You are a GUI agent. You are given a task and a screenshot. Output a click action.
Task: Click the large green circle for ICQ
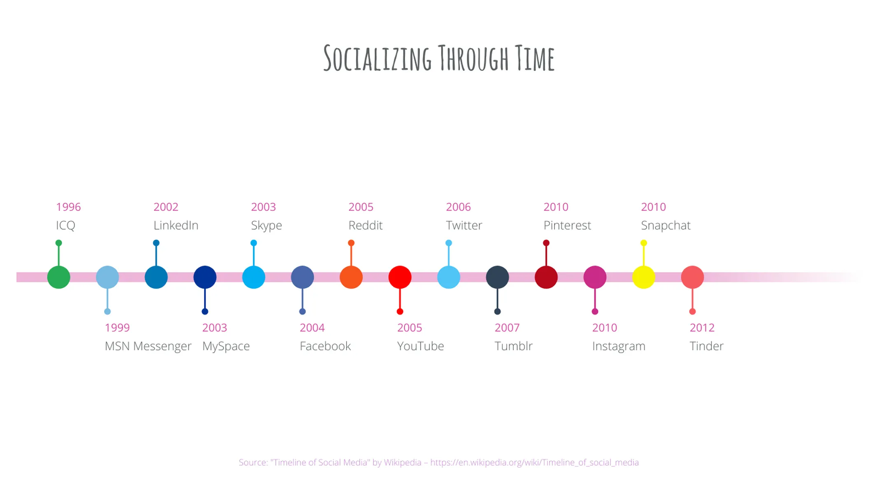pos(58,277)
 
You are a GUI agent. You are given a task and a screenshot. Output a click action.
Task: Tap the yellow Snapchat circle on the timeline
pos(643,277)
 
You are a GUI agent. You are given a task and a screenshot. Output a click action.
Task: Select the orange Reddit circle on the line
pos(351,277)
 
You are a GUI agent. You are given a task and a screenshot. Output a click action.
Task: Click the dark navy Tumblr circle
pos(497,277)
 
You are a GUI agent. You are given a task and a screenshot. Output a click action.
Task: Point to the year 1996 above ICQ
pos(68,207)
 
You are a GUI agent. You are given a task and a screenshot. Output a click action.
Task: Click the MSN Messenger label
pos(148,346)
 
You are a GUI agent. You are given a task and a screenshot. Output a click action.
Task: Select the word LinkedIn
pos(176,226)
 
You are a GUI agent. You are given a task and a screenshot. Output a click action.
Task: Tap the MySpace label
pos(226,346)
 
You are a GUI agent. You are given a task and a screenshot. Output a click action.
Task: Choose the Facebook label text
pos(325,346)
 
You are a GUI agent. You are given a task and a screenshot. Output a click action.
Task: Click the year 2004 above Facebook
pos(312,328)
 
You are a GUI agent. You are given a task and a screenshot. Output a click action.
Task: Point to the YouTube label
pos(420,346)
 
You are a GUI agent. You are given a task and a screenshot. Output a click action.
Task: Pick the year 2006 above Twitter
pos(458,207)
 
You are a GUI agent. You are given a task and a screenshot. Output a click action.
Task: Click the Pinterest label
pos(567,226)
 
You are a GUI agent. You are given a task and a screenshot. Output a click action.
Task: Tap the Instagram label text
pos(619,346)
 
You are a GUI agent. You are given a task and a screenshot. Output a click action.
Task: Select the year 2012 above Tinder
pos(702,328)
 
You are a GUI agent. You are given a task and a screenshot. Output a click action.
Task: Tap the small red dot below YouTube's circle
pos(400,312)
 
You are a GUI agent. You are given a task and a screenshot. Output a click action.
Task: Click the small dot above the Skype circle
pos(254,243)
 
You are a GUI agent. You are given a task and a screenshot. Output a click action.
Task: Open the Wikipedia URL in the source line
pos(534,463)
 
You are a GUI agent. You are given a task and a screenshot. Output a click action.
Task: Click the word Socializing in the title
pos(377,59)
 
